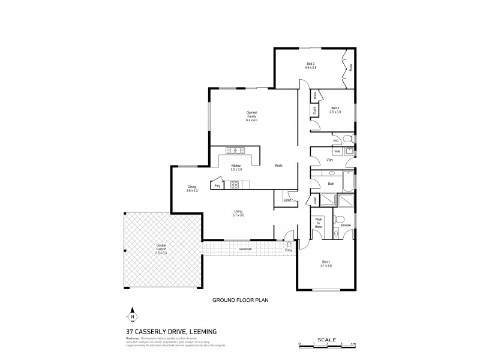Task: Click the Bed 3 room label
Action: pos(311,65)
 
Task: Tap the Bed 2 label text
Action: pos(335,110)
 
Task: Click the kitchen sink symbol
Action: pos(234,150)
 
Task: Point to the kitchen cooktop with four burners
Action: pos(234,185)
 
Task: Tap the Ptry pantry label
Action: pos(217,186)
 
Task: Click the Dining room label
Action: pos(192,188)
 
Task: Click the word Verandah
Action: pos(245,248)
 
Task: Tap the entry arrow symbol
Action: pos(290,244)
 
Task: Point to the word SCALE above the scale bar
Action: pos(326,338)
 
